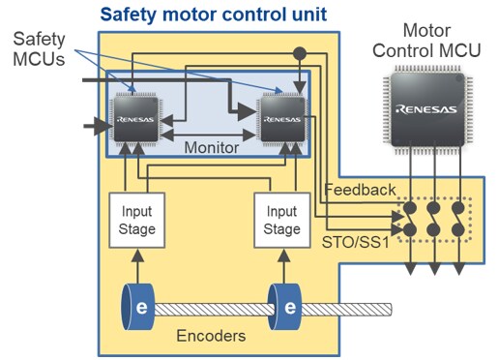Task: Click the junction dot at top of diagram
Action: click(x=300, y=49)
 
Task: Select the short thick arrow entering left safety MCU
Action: click(x=97, y=124)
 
